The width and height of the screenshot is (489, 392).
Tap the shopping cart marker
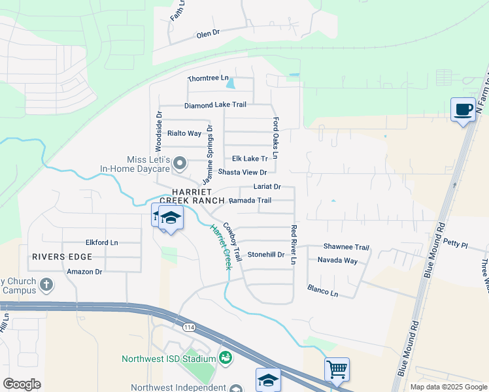[337, 369]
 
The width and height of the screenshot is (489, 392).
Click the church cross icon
[46, 284]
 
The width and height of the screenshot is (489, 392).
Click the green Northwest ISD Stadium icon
[226, 358]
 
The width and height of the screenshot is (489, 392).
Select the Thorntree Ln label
[208, 78]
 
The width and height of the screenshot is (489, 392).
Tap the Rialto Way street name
[184, 133]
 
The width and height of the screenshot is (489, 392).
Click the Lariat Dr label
[267, 187]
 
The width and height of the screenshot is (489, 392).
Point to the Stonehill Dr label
[265, 255]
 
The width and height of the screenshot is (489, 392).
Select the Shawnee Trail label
[346, 247]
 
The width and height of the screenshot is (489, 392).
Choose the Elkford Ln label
[101, 242]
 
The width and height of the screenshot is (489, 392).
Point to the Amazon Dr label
[84, 271]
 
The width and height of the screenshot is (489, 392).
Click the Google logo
[22, 384]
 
